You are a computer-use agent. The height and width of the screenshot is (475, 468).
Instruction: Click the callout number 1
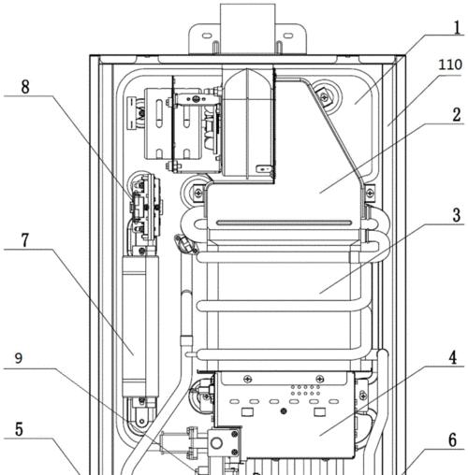[x=457, y=27]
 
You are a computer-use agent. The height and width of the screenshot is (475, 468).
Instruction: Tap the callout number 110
[x=450, y=65]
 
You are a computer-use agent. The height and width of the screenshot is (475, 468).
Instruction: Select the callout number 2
[x=457, y=115]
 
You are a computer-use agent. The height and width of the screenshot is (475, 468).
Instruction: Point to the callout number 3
[x=457, y=215]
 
